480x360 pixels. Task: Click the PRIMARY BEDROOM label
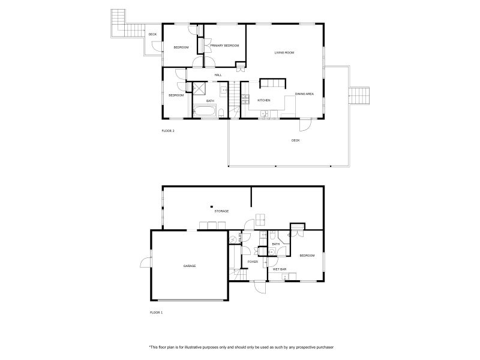click(x=224, y=46)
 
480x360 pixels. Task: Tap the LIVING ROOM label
click(x=284, y=53)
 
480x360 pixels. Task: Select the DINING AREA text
click(x=304, y=94)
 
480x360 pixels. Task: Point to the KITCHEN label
click(x=264, y=100)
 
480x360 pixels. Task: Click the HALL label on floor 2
click(x=218, y=75)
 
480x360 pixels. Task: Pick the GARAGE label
click(x=190, y=266)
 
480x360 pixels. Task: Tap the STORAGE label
click(x=221, y=211)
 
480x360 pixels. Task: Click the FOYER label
click(x=253, y=262)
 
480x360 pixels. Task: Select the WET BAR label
click(x=279, y=269)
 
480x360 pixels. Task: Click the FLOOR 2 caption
click(x=168, y=130)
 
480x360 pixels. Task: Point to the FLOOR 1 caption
click(x=156, y=313)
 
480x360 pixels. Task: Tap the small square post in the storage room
click(x=212, y=203)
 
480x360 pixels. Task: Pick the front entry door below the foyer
click(x=259, y=287)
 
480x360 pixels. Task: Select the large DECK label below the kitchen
click(x=295, y=140)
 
